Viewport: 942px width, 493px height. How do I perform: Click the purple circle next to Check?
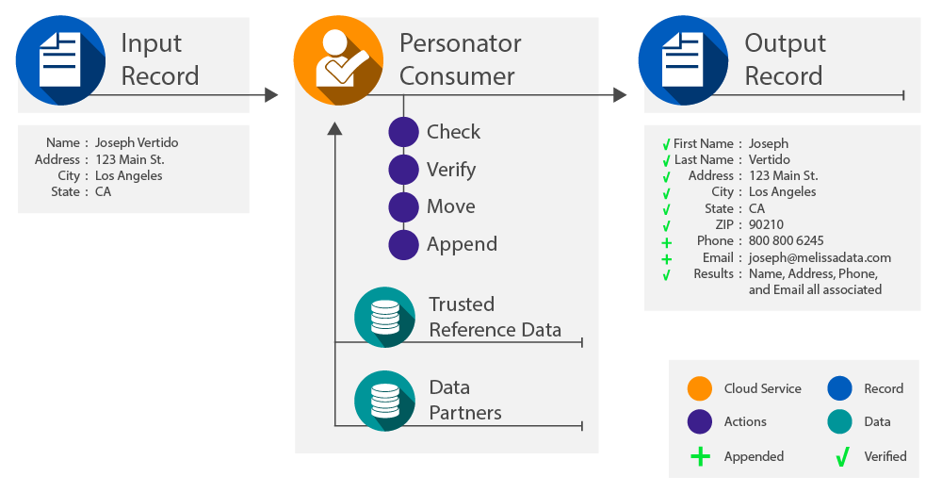(x=403, y=132)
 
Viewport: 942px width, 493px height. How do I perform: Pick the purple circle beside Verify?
(x=403, y=170)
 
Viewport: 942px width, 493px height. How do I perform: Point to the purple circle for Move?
(x=403, y=206)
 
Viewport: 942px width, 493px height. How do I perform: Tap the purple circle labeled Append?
(x=403, y=244)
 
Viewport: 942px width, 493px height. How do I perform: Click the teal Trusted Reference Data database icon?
(x=384, y=317)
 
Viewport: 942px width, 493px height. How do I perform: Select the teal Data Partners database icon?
(x=384, y=400)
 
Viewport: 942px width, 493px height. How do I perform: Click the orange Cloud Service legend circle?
(x=699, y=388)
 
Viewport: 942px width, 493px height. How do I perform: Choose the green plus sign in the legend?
(x=699, y=456)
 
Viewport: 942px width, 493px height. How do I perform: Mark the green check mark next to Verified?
(x=840, y=457)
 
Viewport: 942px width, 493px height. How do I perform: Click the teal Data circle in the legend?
(x=839, y=422)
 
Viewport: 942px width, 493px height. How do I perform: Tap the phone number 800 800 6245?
(x=786, y=240)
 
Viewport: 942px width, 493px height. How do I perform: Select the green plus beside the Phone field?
(x=666, y=242)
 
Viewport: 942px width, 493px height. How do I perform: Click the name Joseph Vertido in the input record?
(x=137, y=142)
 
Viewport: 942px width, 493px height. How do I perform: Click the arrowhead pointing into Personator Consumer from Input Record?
(x=271, y=94)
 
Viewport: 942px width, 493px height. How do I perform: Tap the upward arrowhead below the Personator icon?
(x=334, y=128)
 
